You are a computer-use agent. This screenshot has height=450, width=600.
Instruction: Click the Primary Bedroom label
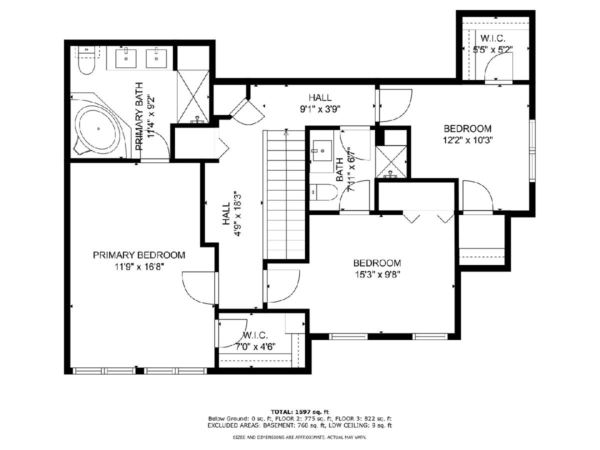139,255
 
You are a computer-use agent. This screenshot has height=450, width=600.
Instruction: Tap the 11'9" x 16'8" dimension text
139,266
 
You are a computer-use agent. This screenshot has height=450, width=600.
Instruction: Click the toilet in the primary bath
86,60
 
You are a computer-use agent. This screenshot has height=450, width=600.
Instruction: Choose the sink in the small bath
322,151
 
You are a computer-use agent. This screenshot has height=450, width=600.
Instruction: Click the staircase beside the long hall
284,194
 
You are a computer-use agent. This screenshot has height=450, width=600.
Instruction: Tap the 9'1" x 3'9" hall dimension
320,109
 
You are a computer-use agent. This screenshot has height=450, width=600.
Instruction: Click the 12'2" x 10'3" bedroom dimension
467,140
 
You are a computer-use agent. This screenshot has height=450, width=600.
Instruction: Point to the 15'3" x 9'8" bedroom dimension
377,274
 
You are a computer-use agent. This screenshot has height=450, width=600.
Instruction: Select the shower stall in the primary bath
193,97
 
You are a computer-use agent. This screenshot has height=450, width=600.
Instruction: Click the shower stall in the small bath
391,161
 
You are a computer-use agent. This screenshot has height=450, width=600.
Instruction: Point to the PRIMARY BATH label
139,116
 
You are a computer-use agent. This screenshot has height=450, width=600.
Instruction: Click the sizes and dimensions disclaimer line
299,437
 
